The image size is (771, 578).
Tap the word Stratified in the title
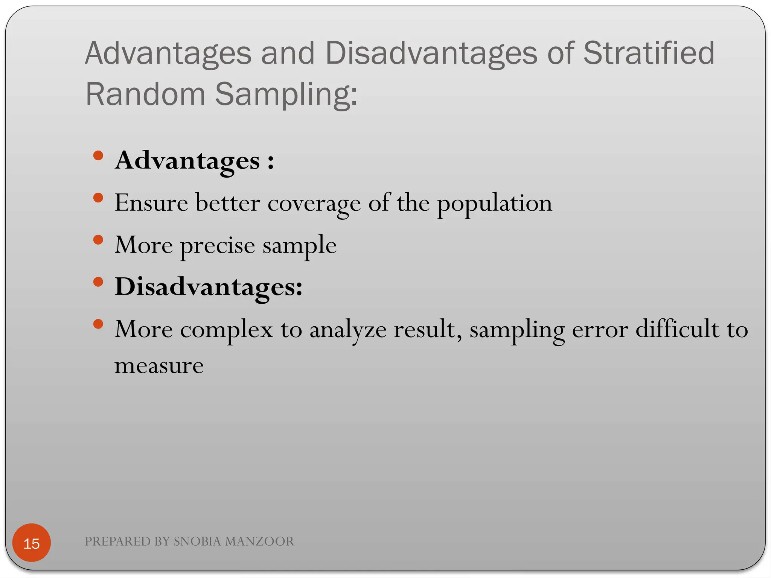pos(648,53)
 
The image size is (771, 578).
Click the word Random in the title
pos(145,94)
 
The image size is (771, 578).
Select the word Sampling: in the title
pos(286,94)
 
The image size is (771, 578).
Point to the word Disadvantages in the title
pos(431,53)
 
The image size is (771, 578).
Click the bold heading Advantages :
pos(194,161)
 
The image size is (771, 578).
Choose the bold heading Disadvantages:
pos(209,287)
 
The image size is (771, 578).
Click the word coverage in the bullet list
pos(314,204)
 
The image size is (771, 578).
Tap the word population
pos(494,204)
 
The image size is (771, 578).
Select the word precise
pos(218,246)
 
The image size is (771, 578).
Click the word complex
pos(227,330)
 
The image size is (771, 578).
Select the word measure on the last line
pos(159,365)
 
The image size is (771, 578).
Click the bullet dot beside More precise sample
pos(98,240)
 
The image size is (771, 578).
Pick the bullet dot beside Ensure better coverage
pos(98,198)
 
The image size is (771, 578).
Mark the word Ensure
pos(151,203)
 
